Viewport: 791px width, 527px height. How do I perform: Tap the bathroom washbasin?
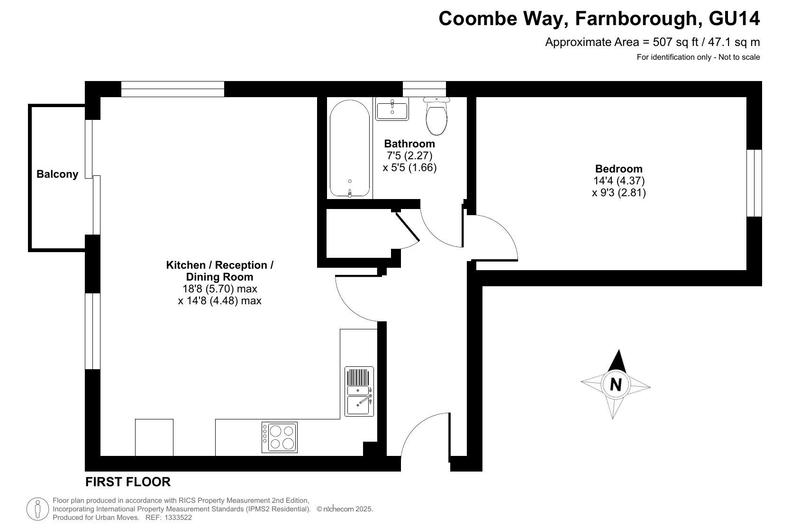coord(392,109)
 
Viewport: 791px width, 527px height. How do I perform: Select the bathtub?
coord(350,148)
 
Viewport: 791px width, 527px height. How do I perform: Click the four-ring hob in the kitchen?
coord(279,437)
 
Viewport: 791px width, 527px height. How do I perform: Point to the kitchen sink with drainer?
coord(359,391)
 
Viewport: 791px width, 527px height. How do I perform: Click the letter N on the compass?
coord(616,384)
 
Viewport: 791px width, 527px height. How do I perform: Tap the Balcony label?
coord(57,174)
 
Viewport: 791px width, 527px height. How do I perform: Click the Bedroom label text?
coord(618,169)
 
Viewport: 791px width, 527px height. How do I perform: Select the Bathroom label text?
coord(409,144)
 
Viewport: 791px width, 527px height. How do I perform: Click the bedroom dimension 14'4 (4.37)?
coord(619,181)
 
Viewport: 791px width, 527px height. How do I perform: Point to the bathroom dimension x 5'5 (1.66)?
coord(409,167)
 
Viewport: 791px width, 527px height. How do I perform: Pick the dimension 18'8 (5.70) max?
coord(219,289)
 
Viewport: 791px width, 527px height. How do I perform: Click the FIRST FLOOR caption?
coord(128,482)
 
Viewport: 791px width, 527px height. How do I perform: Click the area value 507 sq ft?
coord(675,42)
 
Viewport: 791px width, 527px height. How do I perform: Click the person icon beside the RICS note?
coord(37,509)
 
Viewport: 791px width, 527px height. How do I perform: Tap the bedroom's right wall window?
coord(754,183)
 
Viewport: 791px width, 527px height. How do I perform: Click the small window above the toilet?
coord(424,89)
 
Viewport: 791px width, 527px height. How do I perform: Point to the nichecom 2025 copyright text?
coord(345,509)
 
